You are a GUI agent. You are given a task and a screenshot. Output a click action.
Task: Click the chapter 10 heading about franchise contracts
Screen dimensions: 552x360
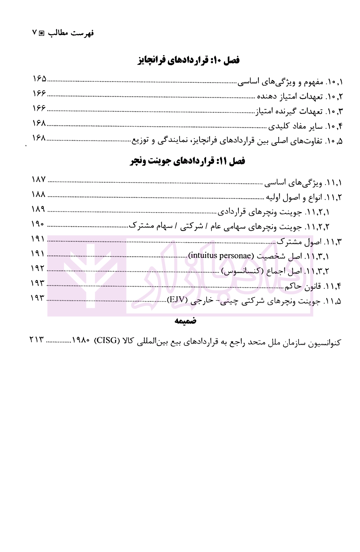[189, 60]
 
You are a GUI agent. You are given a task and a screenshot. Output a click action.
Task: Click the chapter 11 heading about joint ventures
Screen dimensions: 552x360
[187, 161]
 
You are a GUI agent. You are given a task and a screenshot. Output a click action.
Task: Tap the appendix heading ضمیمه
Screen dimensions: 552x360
[185, 321]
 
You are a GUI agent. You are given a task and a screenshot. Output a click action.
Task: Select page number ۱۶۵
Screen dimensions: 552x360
[40, 79]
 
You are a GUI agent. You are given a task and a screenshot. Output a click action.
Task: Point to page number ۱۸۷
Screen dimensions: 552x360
[39, 179]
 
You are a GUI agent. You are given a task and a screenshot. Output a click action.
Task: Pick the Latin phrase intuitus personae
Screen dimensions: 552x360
[220, 255]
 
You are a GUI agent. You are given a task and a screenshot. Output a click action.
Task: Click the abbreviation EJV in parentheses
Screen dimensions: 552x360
[177, 300]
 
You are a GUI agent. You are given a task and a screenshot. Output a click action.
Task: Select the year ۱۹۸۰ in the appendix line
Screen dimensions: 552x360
[81, 341]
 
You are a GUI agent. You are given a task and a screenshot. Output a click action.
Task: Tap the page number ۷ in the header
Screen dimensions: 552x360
[35, 33]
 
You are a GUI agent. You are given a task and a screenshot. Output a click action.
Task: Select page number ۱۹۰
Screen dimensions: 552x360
[38, 224]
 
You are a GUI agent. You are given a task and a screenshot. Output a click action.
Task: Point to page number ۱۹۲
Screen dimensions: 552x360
[38, 268]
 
